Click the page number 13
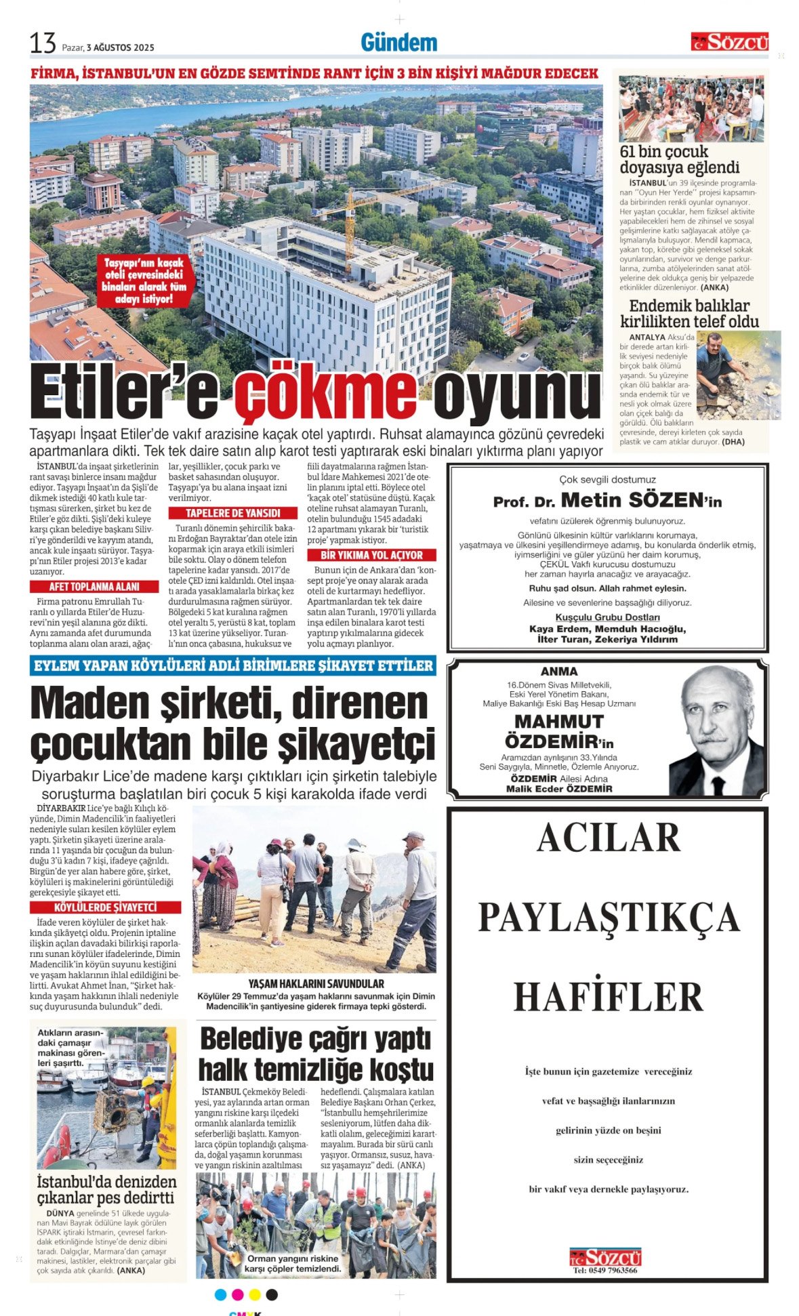(x=42, y=43)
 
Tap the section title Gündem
(x=398, y=43)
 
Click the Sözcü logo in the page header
(x=729, y=42)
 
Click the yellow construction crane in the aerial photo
(x=359, y=210)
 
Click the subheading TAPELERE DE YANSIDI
(x=232, y=513)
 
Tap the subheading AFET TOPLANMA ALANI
(x=94, y=587)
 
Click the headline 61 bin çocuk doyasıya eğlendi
(x=679, y=159)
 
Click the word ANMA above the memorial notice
(x=559, y=672)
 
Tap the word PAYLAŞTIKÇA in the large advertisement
(x=608, y=918)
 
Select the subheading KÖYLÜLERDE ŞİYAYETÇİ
(x=105, y=907)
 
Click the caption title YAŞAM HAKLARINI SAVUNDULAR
(x=316, y=983)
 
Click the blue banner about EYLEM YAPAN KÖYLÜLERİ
(x=232, y=665)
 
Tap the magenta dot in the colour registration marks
(x=237, y=1294)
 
